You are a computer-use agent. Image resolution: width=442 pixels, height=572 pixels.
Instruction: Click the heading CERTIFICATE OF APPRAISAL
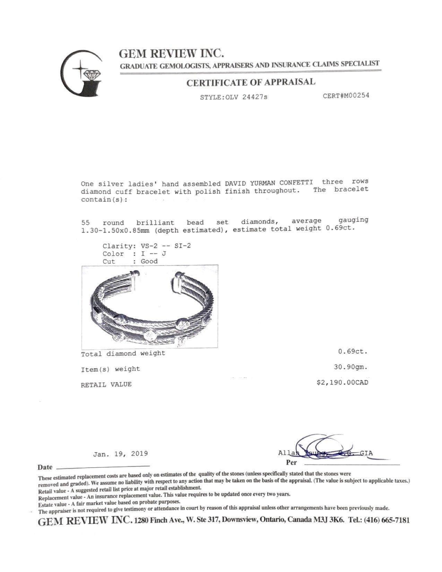click(x=251, y=83)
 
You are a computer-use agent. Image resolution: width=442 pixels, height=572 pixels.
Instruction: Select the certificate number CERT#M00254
click(x=346, y=95)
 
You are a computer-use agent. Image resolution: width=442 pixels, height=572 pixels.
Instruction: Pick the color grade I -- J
click(x=154, y=253)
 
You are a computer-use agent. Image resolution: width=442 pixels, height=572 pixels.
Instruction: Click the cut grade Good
click(x=149, y=261)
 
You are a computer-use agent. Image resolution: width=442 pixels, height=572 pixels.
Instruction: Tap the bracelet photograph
click(x=149, y=306)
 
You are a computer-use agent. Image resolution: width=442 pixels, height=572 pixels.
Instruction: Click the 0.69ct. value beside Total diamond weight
click(x=353, y=351)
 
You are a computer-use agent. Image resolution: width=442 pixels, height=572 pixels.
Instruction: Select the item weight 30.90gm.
click(x=350, y=367)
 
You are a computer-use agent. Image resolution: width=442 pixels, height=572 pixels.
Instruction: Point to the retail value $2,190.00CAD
click(x=342, y=382)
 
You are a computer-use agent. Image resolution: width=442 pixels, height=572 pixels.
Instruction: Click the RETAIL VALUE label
click(x=106, y=384)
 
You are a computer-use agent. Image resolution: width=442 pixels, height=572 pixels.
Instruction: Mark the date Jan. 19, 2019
click(x=121, y=453)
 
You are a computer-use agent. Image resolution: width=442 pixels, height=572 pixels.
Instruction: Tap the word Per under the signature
click(x=291, y=462)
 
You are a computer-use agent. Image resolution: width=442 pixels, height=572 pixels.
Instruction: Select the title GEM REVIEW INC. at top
click(x=171, y=53)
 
